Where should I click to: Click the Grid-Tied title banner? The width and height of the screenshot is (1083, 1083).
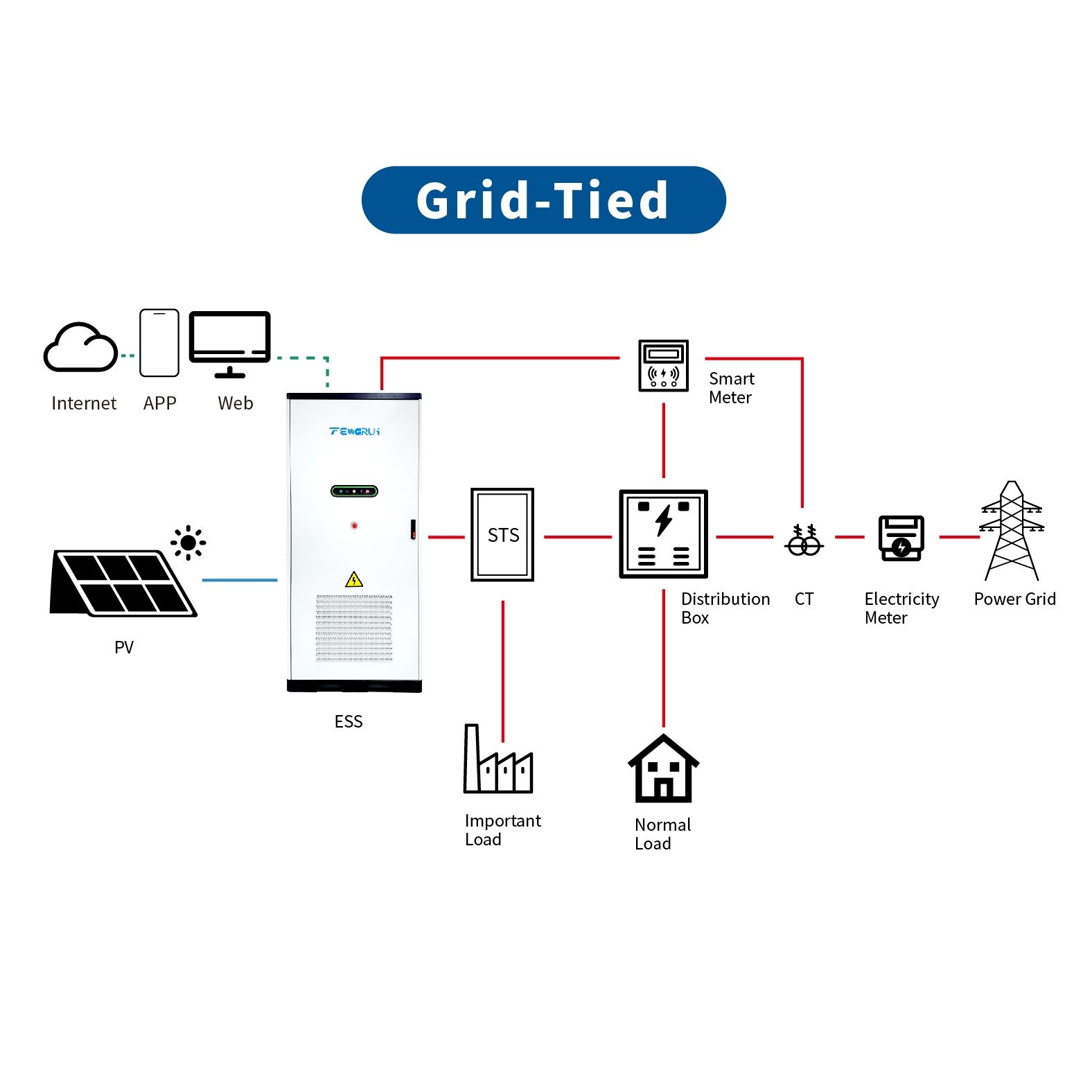click(x=543, y=200)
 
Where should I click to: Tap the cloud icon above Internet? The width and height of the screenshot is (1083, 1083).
click(x=80, y=348)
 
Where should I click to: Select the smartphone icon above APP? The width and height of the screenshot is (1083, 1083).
click(x=159, y=343)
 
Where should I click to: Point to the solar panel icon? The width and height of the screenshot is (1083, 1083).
click(x=123, y=583)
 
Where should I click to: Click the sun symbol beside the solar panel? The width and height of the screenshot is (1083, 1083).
click(x=188, y=542)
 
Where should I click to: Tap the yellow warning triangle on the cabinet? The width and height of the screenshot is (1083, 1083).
click(x=354, y=579)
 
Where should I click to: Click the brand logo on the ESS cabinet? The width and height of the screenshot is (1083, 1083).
click(x=354, y=431)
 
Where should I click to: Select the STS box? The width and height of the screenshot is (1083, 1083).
click(x=502, y=534)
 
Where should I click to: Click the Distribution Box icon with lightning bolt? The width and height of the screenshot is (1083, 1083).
click(x=663, y=534)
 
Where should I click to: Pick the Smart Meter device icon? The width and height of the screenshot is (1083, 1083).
click(x=663, y=365)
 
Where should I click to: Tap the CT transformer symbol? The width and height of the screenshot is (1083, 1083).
click(x=804, y=540)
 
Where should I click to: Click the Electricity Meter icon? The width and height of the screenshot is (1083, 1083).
click(x=901, y=538)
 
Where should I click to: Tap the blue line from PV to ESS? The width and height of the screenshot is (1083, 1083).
click(x=240, y=580)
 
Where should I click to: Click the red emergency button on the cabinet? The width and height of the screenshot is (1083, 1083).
click(x=354, y=526)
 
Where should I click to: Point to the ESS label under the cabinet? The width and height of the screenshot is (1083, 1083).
click(x=349, y=721)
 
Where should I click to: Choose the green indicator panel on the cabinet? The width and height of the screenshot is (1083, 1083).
click(x=354, y=491)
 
